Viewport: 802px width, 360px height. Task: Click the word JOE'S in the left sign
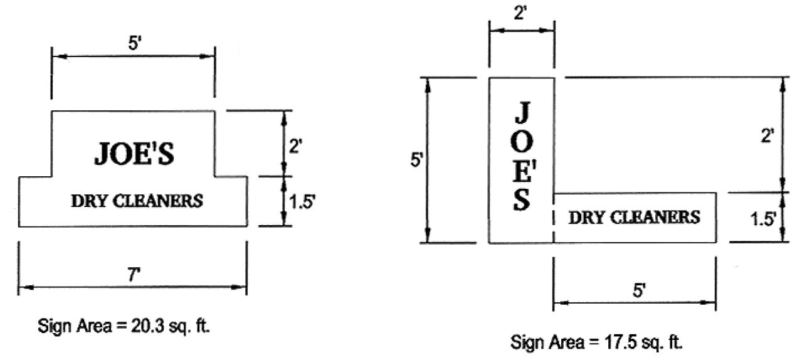[134, 154]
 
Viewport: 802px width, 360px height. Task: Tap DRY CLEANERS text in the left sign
[137, 202]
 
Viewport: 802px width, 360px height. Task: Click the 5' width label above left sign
[133, 44]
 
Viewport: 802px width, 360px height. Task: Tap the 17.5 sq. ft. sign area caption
[596, 342]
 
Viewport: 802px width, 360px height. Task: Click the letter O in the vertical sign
[523, 142]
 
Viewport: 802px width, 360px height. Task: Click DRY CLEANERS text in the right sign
[634, 218]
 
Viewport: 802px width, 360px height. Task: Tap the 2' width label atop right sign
[522, 13]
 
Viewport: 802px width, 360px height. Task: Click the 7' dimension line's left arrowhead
[22, 288]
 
